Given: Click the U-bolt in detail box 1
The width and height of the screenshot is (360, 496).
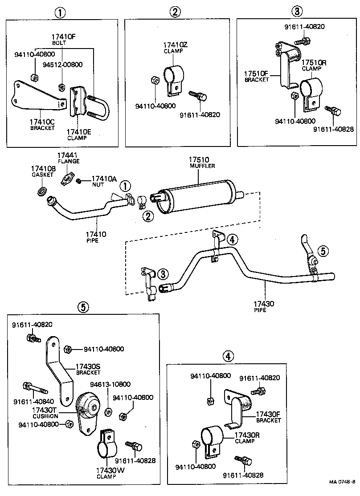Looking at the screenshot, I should click(99, 107).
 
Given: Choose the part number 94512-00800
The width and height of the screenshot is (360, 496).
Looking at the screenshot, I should click(62, 64).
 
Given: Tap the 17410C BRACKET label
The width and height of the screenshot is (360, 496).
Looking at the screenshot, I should click(42, 124).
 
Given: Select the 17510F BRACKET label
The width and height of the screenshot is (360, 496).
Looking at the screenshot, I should click(257, 76).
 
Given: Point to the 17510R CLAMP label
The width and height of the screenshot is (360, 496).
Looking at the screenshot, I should click(314, 65).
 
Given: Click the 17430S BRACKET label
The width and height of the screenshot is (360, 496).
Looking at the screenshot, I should click(88, 369).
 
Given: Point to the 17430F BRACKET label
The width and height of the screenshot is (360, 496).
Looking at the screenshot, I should click(268, 417).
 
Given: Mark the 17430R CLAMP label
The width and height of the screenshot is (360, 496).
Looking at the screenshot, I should click(245, 438).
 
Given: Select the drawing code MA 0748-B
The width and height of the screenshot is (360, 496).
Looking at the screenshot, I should click(342, 482).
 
